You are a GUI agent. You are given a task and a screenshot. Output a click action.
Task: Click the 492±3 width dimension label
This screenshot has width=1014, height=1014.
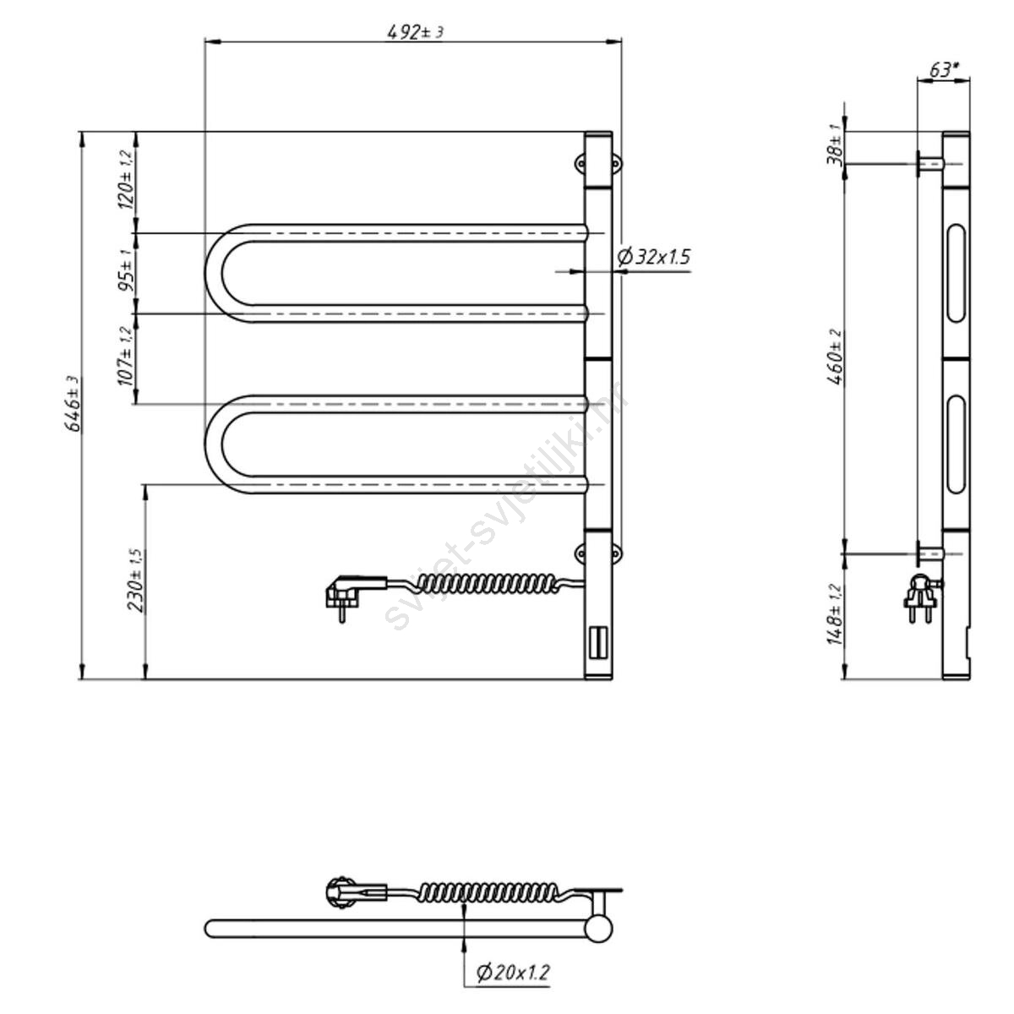tap(415, 33)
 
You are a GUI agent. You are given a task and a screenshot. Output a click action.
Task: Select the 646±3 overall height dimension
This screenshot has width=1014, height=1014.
tap(74, 404)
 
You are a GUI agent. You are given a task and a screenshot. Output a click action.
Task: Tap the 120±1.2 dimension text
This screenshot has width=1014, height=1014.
tap(126, 181)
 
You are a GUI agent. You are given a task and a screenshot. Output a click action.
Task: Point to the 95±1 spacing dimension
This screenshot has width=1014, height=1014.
tap(126, 271)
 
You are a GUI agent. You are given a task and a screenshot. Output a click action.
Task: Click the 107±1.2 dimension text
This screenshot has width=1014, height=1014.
tap(126, 357)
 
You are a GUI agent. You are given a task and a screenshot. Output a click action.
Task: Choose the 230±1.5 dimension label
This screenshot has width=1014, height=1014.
tap(136, 581)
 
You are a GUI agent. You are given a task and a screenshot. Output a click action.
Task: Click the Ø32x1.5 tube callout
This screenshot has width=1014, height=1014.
tap(653, 257)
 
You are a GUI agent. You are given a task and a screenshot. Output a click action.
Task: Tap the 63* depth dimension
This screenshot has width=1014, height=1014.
tap(945, 70)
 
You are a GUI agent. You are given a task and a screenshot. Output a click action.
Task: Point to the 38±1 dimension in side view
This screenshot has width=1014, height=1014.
tap(835, 144)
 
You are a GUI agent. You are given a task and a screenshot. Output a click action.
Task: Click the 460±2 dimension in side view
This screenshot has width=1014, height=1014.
tap(835, 357)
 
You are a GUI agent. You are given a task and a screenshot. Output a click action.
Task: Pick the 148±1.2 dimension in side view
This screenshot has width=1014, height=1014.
tap(835, 614)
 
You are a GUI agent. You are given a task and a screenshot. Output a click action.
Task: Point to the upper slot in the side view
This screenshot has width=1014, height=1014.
tap(956, 273)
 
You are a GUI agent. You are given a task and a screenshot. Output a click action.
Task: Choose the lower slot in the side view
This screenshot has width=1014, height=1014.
tap(956, 445)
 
